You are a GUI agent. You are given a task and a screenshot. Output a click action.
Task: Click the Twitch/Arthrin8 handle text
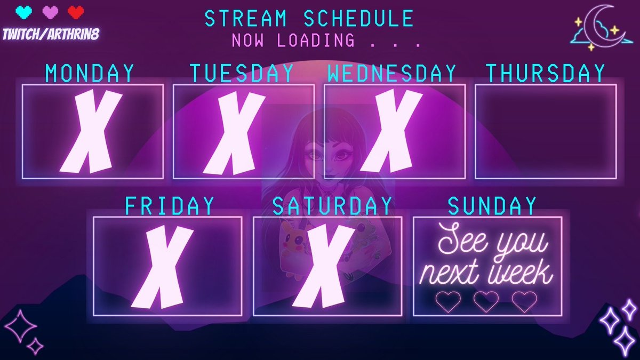[51, 34]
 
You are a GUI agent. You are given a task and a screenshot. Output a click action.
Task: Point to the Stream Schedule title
[309, 19]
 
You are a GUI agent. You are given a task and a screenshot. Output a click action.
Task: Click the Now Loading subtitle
[326, 40]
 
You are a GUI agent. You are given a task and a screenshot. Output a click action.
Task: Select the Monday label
[90, 73]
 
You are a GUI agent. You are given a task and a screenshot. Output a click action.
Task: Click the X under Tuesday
[235, 133]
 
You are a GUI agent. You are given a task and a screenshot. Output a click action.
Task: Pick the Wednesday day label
[392, 73]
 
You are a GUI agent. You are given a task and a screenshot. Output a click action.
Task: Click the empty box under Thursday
[546, 131]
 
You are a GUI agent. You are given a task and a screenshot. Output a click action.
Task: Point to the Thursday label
[546, 73]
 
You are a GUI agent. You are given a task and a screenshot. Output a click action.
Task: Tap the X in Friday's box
[162, 267]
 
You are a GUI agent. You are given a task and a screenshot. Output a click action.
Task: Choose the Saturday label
[332, 206]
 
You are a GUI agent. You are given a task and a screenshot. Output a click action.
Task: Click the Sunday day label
[492, 206]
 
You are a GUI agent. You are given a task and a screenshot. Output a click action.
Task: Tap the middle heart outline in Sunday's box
[486, 301]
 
